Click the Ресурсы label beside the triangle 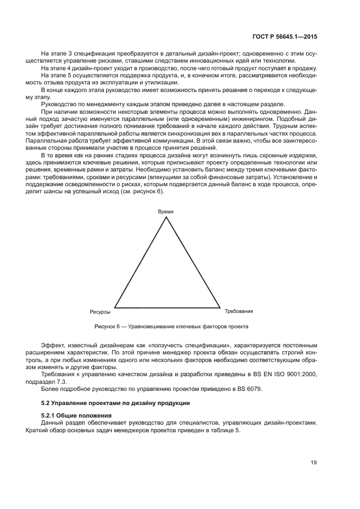[101, 312]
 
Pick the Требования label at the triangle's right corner [239, 311]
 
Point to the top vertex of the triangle [166, 217]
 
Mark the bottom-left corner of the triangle [114, 307]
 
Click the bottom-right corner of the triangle [219, 307]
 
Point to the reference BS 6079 [251, 389]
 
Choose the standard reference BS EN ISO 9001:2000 [286, 375]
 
